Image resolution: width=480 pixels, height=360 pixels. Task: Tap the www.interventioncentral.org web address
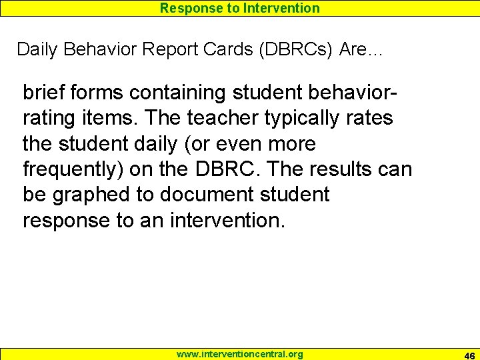239,355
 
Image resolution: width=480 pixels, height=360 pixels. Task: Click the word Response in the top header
189,8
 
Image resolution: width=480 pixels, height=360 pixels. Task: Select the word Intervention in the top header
281,8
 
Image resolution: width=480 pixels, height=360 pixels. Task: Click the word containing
187,93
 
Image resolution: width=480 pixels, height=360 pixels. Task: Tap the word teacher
226,119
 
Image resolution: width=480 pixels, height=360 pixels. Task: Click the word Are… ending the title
361,49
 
